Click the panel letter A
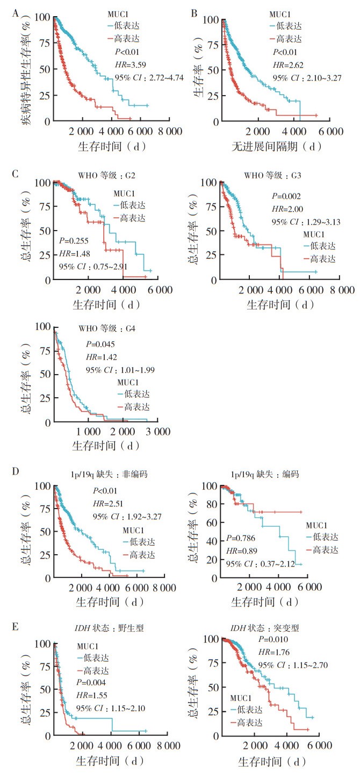tap(16, 11)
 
